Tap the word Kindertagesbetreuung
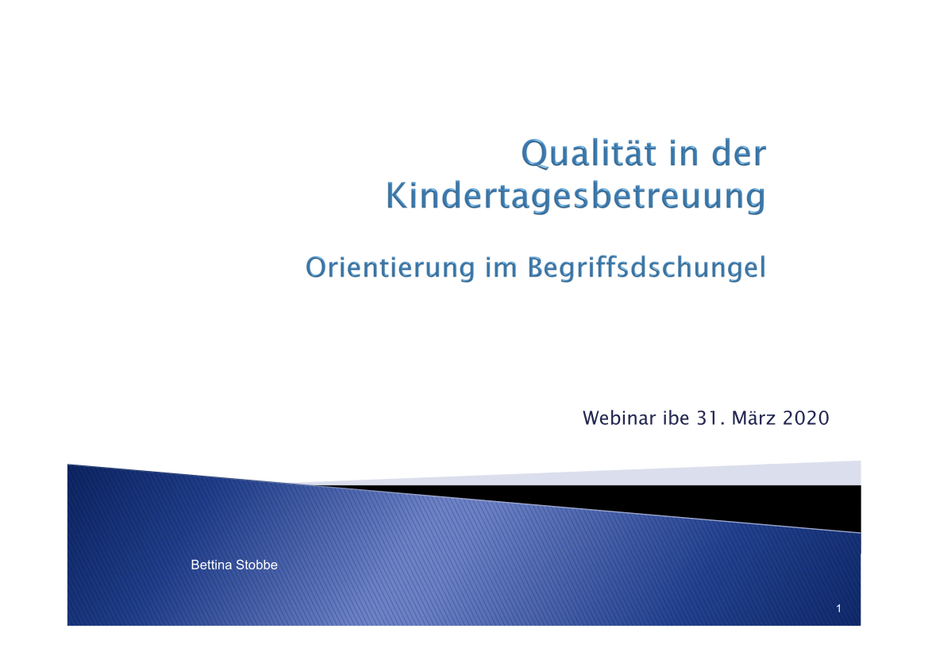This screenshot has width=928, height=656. [x=576, y=197]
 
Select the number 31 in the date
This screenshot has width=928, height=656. [x=706, y=418]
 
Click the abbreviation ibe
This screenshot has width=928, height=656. [x=675, y=418]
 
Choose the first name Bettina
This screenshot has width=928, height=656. [x=211, y=565]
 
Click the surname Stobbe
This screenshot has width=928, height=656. [x=256, y=565]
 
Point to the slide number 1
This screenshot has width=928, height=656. [x=838, y=609]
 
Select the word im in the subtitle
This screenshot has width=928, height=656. [x=500, y=268]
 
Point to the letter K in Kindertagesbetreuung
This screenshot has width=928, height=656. [x=398, y=197]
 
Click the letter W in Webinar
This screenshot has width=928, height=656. [x=591, y=418]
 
